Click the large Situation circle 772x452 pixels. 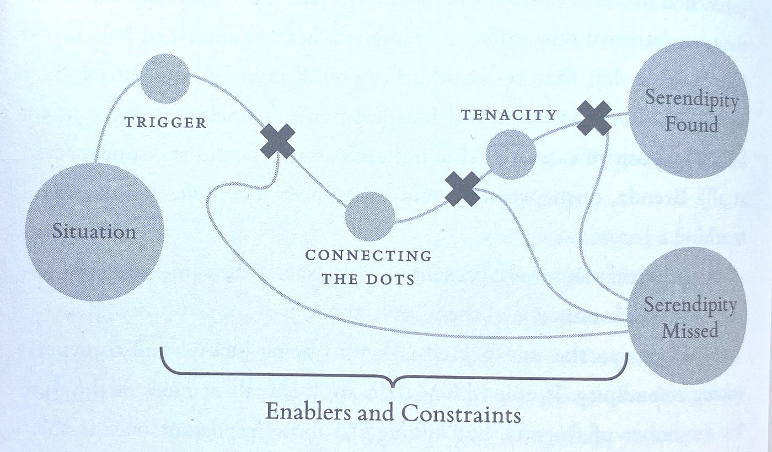point(94,232)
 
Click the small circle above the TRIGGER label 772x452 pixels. point(165,78)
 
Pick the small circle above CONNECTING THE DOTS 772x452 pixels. point(370,216)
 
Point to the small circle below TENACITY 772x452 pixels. point(511,154)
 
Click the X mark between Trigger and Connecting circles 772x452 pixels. point(277,141)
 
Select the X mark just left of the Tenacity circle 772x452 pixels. point(462,189)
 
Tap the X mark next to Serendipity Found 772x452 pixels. point(594,118)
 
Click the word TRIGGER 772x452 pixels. point(165,122)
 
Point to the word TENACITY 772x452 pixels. point(509,115)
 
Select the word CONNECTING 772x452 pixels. point(368,256)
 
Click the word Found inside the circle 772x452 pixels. point(691,125)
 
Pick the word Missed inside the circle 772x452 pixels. point(690,330)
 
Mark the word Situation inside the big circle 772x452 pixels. point(94,232)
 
